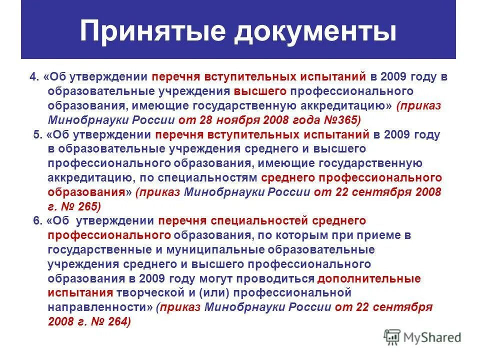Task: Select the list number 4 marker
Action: click(x=34, y=77)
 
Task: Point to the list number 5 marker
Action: click(x=37, y=135)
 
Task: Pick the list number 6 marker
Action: click(x=38, y=221)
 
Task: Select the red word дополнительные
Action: click(x=369, y=278)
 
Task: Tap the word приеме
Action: click(x=380, y=235)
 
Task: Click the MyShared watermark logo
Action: click(x=422, y=336)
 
